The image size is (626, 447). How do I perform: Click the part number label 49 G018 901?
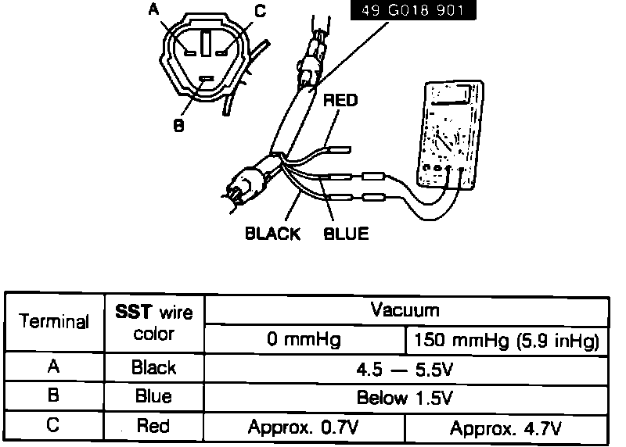click(x=412, y=12)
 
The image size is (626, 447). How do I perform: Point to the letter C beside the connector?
click(x=261, y=11)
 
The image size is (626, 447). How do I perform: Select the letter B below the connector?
click(x=179, y=124)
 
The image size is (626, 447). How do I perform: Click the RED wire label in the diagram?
click(x=340, y=100)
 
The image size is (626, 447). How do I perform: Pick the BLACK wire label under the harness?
click(x=272, y=234)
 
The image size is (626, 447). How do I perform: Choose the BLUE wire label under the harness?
click(x=346, y=234)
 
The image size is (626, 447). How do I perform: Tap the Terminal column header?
click(x=54, y=322)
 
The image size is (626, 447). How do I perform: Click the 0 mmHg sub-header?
click(x=305, y=341)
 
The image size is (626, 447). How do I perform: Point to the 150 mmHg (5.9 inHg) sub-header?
click(x=508, y=341)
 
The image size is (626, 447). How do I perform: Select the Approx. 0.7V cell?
click(x=305, y=427)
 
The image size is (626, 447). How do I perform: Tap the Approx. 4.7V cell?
click(x=508, y=427)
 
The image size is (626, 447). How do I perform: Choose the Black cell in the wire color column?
click(x=154, y=368)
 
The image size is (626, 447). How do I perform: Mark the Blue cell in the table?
click(x=154, y=397)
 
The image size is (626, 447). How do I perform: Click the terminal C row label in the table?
click(x=54, y=427)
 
